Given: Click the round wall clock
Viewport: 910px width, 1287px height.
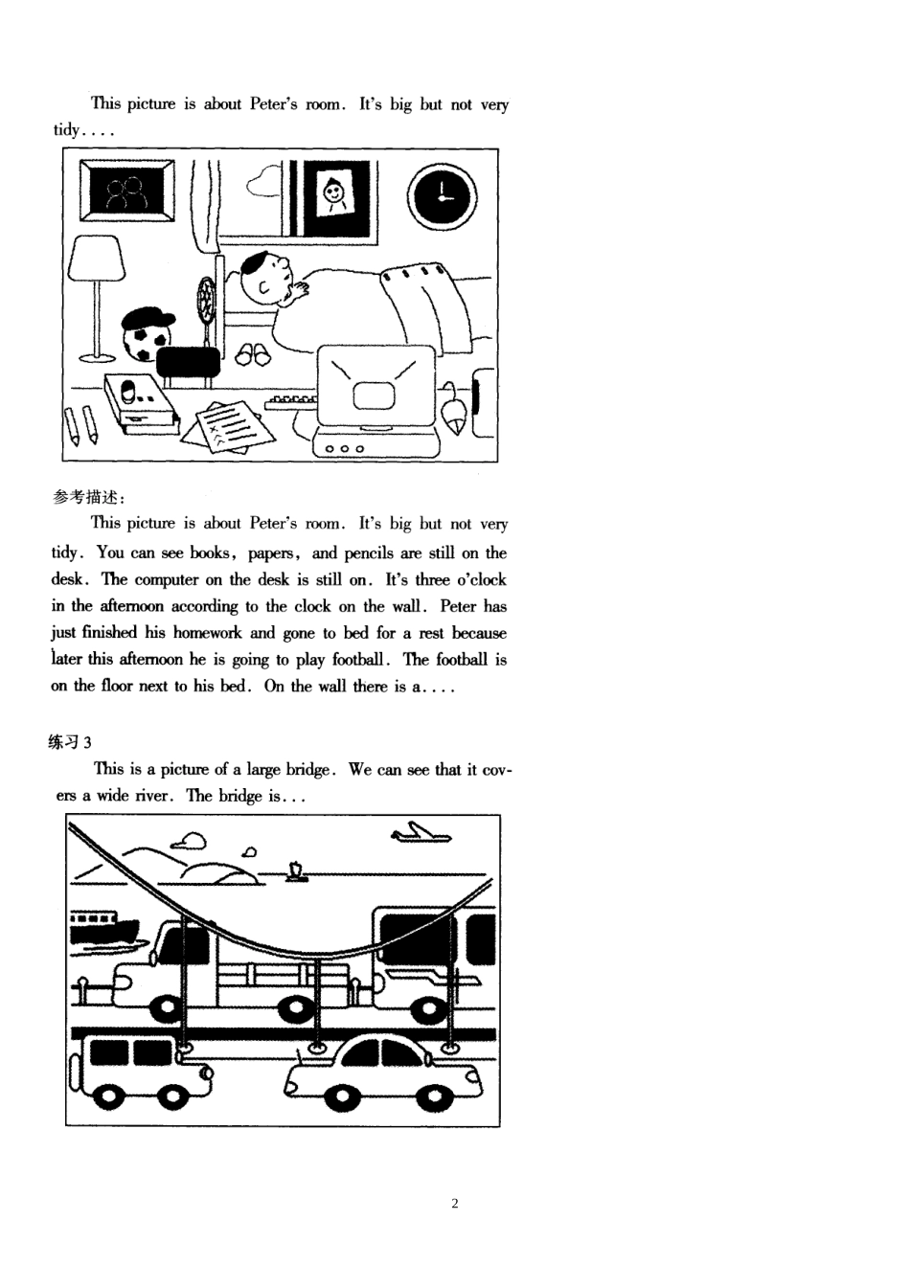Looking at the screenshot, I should [x=441, y=197].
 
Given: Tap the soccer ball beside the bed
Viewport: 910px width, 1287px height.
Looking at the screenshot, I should [x=146, y=340].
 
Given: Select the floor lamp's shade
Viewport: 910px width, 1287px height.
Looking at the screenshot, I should [x=98, y=259].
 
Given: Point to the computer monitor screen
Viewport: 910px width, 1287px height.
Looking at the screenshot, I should [x=374, y=389].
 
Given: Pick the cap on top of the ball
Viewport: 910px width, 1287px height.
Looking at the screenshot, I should [x=148, y=318].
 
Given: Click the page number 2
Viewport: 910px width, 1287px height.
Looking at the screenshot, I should [x=454, y=1204].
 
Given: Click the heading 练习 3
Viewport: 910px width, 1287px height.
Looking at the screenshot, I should [x=70, y=742].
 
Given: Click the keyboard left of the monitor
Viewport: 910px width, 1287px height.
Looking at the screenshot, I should [x=292, y=400].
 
